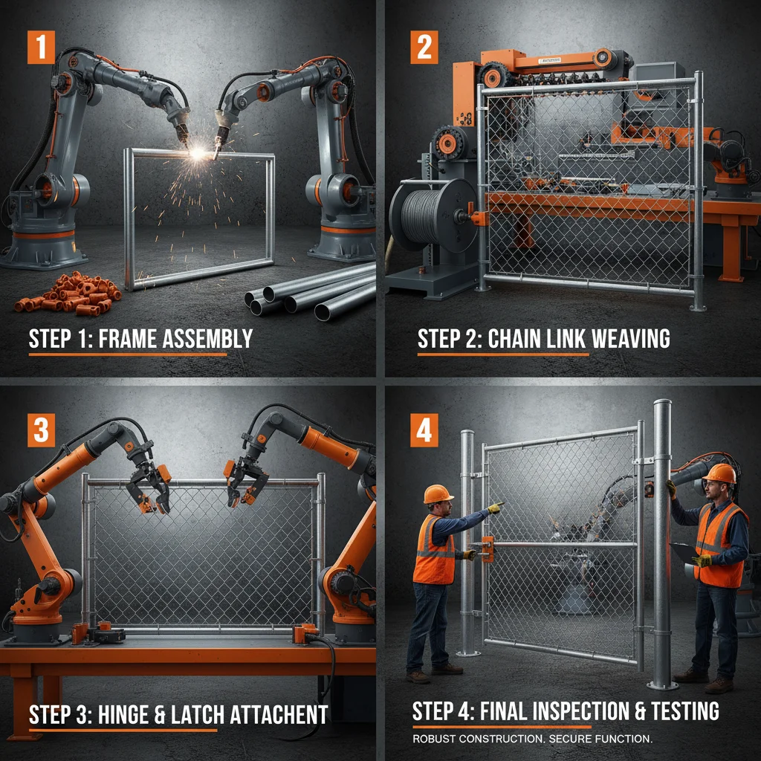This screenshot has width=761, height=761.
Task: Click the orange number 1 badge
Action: [x=42, y=47]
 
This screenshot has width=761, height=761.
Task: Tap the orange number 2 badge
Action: [x=424, y=47]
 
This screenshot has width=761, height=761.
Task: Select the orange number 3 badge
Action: [x=42, y=430]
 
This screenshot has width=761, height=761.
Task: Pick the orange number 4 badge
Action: [x=424, y=430]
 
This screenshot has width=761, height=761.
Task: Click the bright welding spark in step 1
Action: [x=199, y=152]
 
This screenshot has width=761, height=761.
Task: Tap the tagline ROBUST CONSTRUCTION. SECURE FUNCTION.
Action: [x=532, y=739]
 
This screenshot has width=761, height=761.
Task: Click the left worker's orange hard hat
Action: [x=438, y=493]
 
